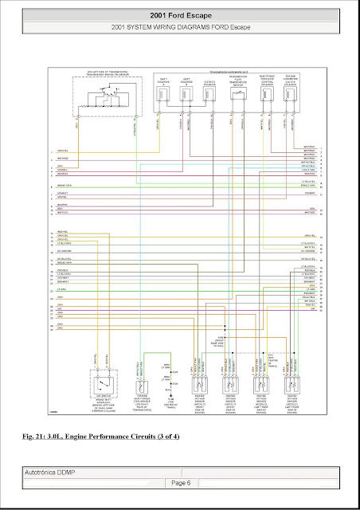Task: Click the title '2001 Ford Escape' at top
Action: click(180, 15)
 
